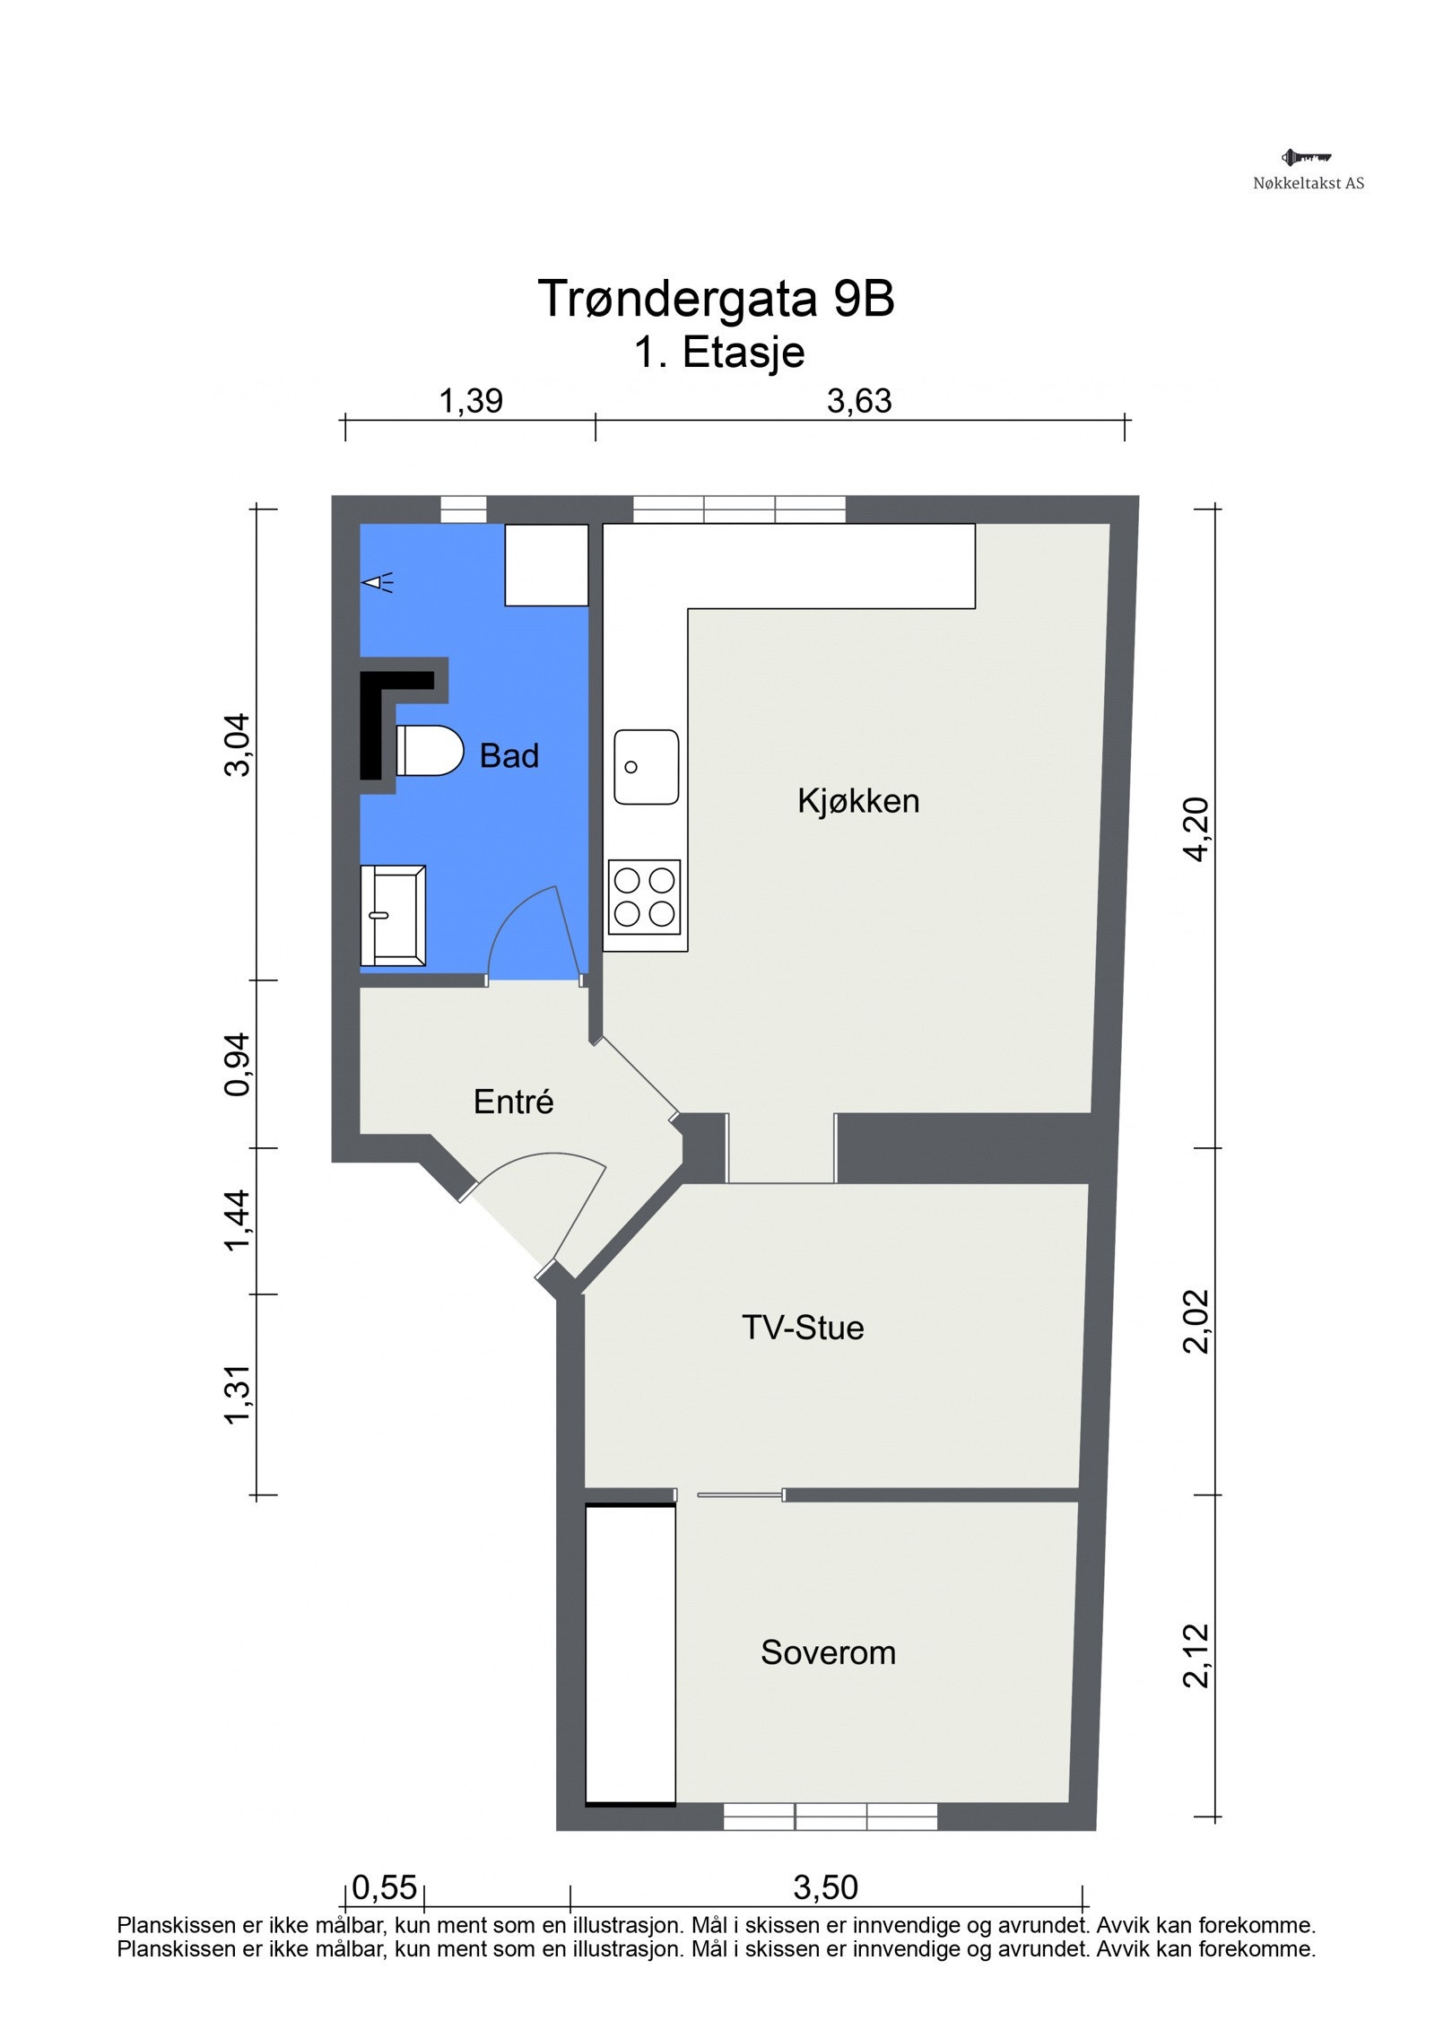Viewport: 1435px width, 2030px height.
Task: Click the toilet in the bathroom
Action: (429, 751)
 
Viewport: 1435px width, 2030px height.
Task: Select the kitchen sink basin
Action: (646, 767)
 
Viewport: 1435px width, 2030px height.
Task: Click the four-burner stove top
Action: (644, 896)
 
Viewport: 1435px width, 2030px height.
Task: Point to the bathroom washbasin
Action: (393, 915)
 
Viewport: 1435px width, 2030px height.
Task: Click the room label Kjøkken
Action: (858, 801)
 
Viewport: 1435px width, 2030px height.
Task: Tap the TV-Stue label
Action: (803, 1328)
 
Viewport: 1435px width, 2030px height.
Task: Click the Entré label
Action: (513, 1102)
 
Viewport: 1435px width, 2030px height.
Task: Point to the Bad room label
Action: (509, 756)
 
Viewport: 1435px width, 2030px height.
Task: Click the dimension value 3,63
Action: (859, 401)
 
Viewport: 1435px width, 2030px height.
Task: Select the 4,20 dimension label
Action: (1196, 829)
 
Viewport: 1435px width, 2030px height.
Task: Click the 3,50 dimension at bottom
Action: (825, 1887)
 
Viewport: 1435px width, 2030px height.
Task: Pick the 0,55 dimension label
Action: (385, 1887)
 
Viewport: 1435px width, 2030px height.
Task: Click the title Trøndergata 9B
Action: (716, 298)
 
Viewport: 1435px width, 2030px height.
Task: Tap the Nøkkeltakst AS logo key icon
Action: (1306, 158)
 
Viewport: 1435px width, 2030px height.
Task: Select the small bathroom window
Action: (463, 509)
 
